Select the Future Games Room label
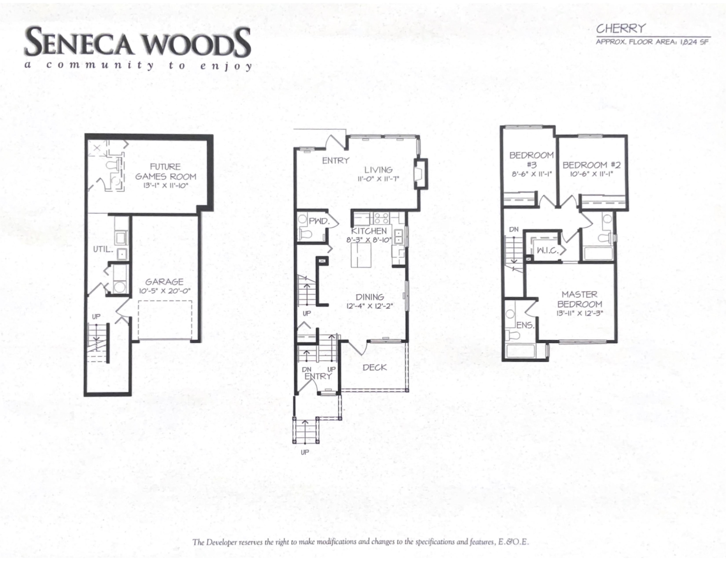[x=165, y=171]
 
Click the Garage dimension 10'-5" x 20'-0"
[x=164, y=291]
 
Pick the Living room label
[x=378, y=170]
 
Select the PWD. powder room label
[x=319, y=221]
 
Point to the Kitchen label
[x=369, y=231]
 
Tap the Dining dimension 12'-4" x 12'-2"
[x=370, y=306]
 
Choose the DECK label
[x=375, y=368]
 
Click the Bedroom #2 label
[x=591, y=165]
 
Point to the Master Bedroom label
[x=579, y=299]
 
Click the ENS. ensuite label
[x=526, y=325]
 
